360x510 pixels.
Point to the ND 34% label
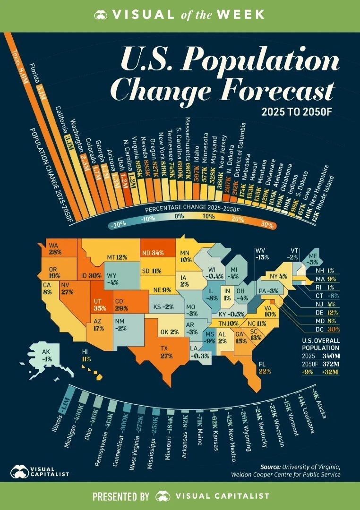coord(153,253)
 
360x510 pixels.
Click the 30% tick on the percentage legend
coord(267,225)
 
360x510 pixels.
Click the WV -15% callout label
coord(261,254)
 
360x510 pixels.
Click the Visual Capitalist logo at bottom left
coord(40,472)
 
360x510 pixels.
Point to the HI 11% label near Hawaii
coord(86,356)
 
